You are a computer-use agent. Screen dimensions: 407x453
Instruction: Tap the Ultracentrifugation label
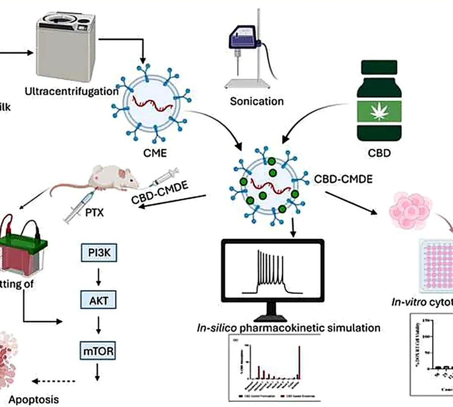click(71, 91)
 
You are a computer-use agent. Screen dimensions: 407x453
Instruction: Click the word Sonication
click(257, 101)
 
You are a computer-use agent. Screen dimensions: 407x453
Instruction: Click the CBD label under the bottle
click(379, 153)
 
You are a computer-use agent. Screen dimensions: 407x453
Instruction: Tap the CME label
click(155, 153)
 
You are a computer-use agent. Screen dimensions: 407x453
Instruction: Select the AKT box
click(99, 300)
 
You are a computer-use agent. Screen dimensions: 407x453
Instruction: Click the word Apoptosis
click(34, 399)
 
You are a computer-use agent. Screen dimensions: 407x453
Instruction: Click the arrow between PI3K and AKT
click(99, 277)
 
